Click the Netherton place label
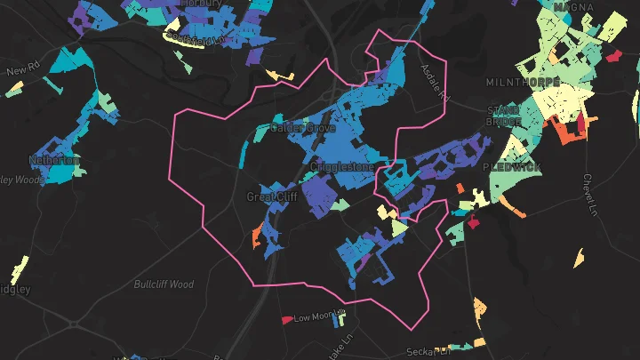[x=55, y=161]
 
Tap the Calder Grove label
[x=302, y=128]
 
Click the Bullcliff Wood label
[x=164, y=284]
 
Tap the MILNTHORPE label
[x=523, y=82]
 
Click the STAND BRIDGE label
[x=503, y=116]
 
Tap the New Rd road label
[x=19, y=70]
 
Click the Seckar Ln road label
[x=426, y=352]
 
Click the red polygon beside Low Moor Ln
[x=286, y=319]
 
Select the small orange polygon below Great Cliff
[x=258, y=236]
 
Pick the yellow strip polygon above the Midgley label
[x=19, y=268]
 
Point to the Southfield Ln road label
[x=201, y=40]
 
